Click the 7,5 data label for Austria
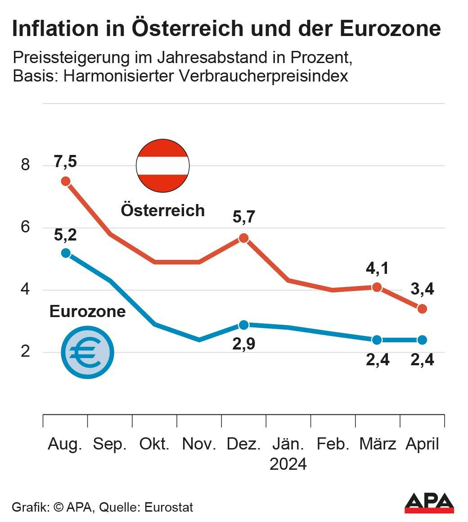(x=66, y=162)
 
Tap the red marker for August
(x=66, y=181)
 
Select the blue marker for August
(x=66, y=253)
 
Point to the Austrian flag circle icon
(x=163, y=165)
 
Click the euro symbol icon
(x=88, y=352)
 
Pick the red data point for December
(x=243, y=238)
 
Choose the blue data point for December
(x=243, y=325)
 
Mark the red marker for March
(x=377, y=287)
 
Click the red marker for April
(x=422, y=309)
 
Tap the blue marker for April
(x=422, y=340)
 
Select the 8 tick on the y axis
(x=25, y=165)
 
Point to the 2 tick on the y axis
(x=25, y=351)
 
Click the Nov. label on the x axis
(x=199, y=444)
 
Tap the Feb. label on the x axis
(x=333, y=444)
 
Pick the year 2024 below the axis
(x=288, y=464)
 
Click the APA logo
(x=429, y=503)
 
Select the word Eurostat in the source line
(x=169, y=507)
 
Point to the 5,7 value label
(x=243, y=218)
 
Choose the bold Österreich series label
(x=163, y=210)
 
